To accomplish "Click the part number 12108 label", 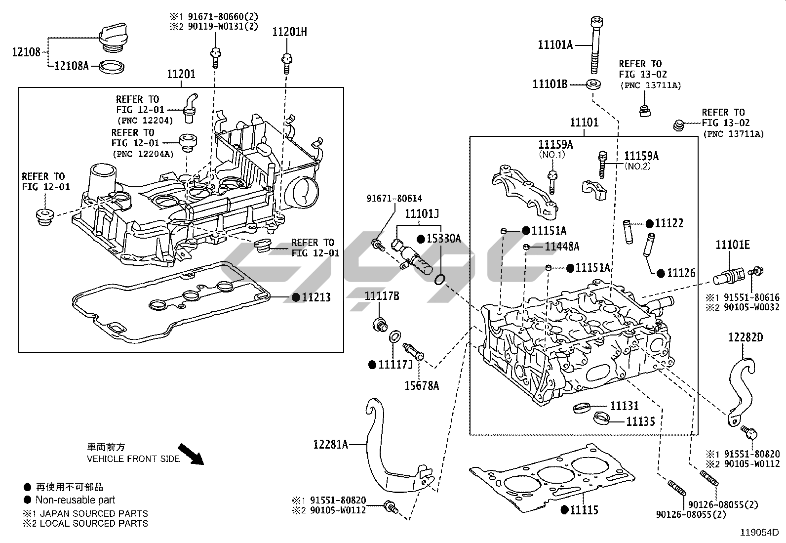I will coord(26,52).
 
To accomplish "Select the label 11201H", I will coord(289,32).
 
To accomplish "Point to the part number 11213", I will coord(316,297).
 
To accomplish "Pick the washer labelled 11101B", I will coord(594,84).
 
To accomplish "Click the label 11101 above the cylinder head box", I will coord(584,122).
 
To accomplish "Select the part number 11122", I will coord(669,223).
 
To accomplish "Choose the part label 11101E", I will coord(733,245).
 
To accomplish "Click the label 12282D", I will coord(745,337).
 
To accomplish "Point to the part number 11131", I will coord(625,406).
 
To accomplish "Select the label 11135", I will coord(640,421).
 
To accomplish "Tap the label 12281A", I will coord(330,444).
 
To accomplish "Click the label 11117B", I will coord(382,296).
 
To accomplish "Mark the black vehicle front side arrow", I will coord(191,454).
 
